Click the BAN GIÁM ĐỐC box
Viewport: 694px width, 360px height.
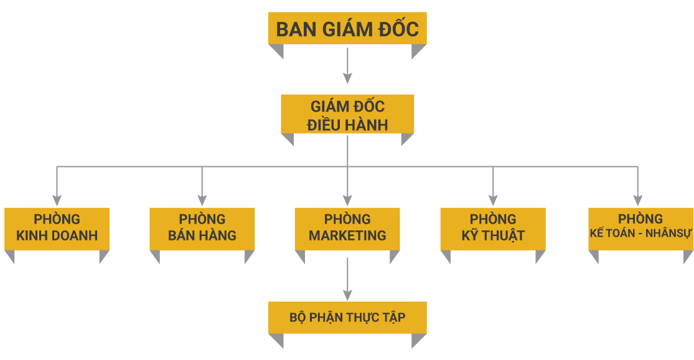point(347,29)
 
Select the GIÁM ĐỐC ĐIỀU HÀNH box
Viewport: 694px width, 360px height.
point(347,114)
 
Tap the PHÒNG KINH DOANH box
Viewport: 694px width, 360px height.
point(57,228)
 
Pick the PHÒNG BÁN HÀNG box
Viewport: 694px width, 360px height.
point(202,228)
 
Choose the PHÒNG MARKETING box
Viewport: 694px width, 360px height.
point(347,228)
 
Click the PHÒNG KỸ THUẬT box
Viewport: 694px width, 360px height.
point(492,228)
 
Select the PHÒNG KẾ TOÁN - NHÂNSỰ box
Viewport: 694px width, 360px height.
point(640,228)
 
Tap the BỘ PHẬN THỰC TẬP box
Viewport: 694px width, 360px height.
point(347,318)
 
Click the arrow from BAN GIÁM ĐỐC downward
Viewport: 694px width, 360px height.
point(347,65)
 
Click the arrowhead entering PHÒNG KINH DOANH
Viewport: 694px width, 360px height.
point(57,200)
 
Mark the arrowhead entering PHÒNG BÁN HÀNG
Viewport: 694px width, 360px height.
point(202,200)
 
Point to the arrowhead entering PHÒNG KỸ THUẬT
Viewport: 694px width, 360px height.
point(493,200)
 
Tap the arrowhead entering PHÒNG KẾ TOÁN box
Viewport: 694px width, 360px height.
point(637,200)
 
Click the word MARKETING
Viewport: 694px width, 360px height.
point(347,236)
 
